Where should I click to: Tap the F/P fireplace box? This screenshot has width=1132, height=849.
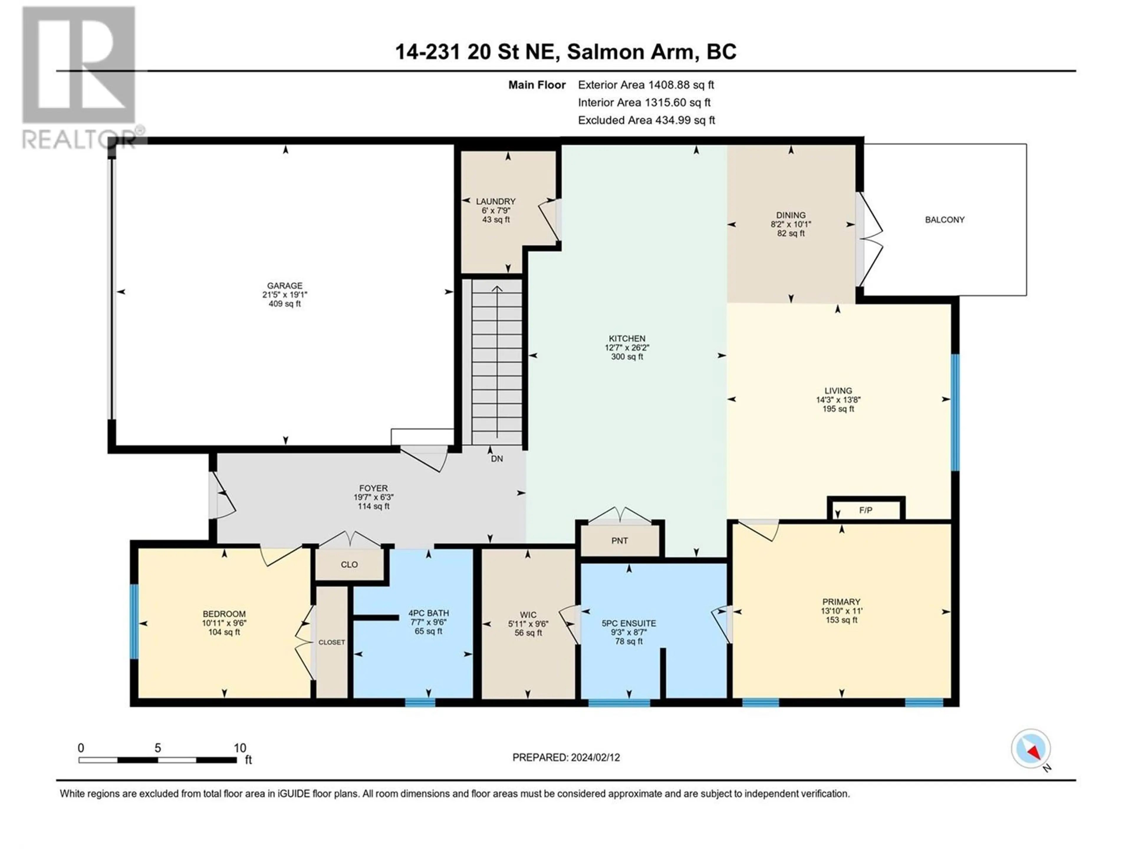click(x=866, y=510)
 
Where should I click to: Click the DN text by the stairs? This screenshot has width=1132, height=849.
click(x=496, y=458)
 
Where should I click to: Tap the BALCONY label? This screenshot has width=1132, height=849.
click(x=944, y=220)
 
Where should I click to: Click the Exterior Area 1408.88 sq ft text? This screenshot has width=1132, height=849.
click(x=646, y=85)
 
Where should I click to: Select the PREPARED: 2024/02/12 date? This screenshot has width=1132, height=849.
click(x=566, y=757)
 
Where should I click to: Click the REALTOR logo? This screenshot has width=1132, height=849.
click(x=79, y=77)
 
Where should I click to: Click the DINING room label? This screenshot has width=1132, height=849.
click(x=791, y=215)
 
